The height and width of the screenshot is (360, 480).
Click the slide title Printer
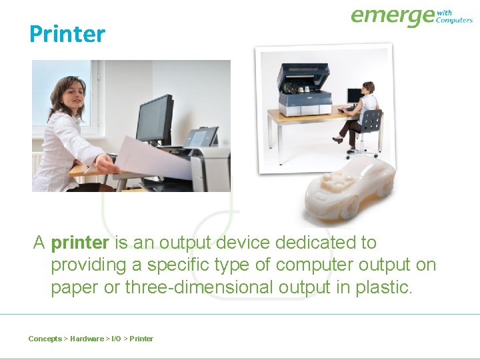[x=67, y=33]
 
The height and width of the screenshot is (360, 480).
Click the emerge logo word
[x=392, y=17]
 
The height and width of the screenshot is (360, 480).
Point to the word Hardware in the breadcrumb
[x=87, y=339]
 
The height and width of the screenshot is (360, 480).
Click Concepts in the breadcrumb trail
[x=45, y=339]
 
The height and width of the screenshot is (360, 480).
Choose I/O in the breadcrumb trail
[x=115, y=339]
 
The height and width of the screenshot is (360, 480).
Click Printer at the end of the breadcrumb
[x=141, y=339]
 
